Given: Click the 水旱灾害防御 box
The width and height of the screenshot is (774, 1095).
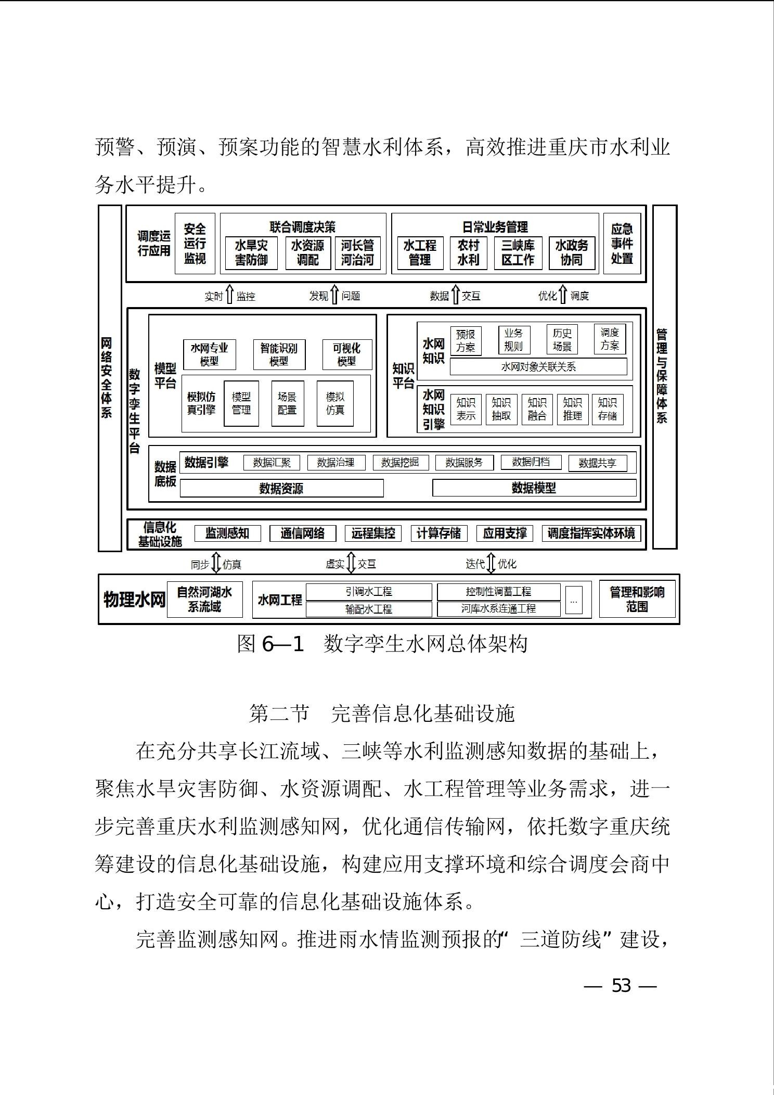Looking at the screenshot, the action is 252,253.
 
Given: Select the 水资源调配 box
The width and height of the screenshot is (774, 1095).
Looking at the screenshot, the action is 308,253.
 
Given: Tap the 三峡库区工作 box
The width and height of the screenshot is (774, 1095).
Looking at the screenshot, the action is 518,253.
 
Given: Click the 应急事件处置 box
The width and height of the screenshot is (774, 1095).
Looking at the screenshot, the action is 622,244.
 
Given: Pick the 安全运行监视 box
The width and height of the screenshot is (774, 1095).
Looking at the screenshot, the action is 195,244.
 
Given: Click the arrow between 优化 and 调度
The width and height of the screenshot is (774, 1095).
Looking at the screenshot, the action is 563,294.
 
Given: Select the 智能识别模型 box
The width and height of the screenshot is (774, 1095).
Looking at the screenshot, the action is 279,354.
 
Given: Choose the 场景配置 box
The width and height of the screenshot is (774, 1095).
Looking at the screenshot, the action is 288,403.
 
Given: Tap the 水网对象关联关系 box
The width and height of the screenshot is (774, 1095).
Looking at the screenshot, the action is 538,366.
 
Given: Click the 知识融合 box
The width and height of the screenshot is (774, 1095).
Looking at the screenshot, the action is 537,409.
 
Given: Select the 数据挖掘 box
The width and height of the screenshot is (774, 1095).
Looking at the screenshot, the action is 401,462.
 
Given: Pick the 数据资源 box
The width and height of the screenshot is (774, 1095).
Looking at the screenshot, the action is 281,488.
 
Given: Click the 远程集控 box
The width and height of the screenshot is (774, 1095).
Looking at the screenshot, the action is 373,533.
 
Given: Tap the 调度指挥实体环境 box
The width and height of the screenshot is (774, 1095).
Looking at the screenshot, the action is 591,533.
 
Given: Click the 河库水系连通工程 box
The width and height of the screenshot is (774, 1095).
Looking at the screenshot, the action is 499,608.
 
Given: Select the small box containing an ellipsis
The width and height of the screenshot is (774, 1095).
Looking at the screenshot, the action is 574,600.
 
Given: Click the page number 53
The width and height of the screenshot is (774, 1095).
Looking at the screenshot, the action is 621,985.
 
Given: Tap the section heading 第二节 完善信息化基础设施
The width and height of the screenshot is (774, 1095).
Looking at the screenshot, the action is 382,714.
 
